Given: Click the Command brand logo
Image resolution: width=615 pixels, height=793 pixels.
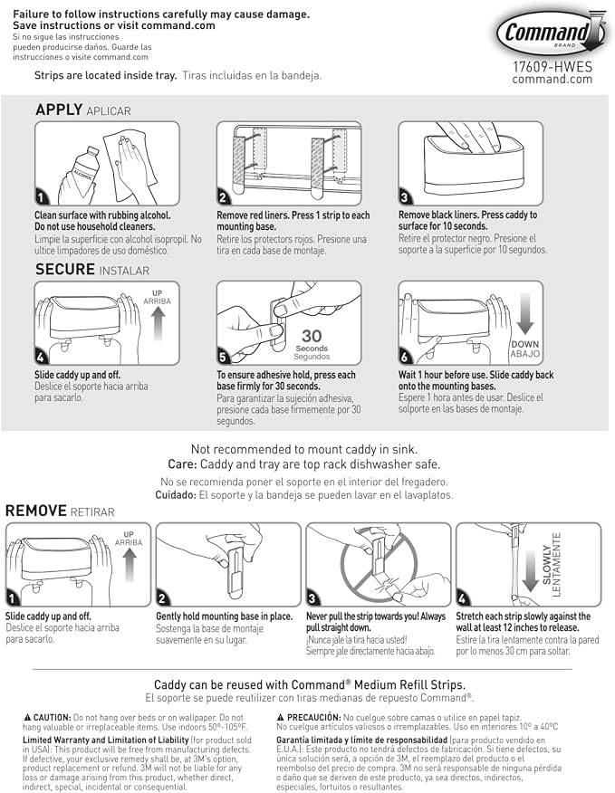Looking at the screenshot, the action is tap(552, 32).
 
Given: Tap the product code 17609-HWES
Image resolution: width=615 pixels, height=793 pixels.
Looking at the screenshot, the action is tap(553, 67).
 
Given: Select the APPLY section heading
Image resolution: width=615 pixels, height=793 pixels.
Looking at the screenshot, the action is tap(59, 110).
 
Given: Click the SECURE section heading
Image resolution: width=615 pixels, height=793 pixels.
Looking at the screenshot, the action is tap(65, 269).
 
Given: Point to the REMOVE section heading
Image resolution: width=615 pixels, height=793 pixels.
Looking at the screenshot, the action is tap(36, 511).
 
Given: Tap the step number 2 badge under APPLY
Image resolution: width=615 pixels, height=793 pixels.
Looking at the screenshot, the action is tap(223, 197).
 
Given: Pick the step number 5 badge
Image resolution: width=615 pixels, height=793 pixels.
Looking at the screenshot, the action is tap(223, 358).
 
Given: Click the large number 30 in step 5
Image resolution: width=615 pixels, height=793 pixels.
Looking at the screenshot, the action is tap(312, 336).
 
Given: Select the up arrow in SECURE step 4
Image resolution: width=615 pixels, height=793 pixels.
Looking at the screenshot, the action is tap(158, 324).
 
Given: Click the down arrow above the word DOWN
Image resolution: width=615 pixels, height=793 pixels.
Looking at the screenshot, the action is tap(525, 314).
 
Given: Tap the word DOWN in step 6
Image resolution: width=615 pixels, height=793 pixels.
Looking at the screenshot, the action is tap(525, 344).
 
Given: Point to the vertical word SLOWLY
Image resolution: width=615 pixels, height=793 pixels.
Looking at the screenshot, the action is tap(547, 565).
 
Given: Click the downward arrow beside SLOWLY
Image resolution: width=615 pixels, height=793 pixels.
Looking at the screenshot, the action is tap(530, 571).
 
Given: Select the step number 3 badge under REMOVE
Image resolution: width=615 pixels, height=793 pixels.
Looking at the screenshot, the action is tap(312, 598).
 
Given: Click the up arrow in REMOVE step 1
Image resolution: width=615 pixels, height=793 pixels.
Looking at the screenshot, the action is tap(130, 566).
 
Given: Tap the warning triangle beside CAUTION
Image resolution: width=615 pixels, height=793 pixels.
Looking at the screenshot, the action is tap(27, 718).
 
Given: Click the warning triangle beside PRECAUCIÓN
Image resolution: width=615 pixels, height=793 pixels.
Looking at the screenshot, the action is tap(281, 718).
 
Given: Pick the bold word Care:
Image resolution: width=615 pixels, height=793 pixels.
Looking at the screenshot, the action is tap(182, 464).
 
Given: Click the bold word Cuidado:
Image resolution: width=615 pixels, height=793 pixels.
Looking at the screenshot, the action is tap(176, 495).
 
